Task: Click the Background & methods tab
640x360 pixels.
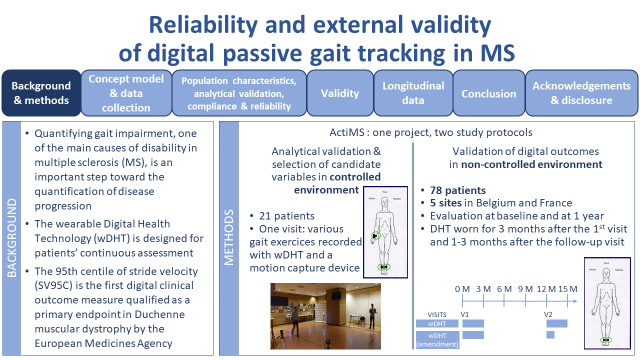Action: click(41, 93)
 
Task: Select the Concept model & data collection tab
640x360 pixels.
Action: click(126, 93)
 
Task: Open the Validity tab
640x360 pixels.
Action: click(340, 93)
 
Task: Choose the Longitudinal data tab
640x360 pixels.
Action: click(413, 93)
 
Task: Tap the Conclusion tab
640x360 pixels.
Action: click(488, 93)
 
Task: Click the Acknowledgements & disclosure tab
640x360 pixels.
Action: click(581, 93)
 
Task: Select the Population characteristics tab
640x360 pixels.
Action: click(238, 93)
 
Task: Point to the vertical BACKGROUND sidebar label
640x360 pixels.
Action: click(11, 238)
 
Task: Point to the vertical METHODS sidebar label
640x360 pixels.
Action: click(228, 238)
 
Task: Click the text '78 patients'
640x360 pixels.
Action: click(457, 190)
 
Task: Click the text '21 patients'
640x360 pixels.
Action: click(286, 216)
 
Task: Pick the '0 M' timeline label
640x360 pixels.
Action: click(462, 289)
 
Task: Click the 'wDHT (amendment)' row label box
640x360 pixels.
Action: click(437, 339)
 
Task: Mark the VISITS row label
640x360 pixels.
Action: click(437, 315)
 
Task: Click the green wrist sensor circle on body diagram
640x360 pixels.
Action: click(375, 235)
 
